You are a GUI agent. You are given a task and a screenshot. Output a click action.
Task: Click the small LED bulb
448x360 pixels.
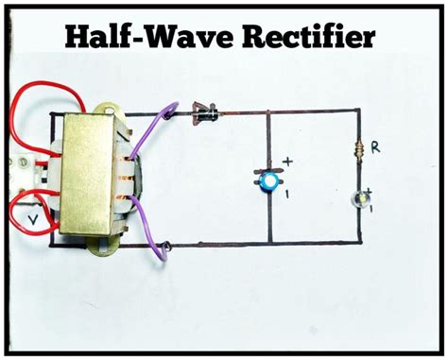tap(358, 199)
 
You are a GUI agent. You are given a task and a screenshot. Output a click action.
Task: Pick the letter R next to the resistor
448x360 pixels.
tap(376, 148)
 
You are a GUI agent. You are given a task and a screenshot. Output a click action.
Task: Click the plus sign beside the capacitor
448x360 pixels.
tap(287, 162)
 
